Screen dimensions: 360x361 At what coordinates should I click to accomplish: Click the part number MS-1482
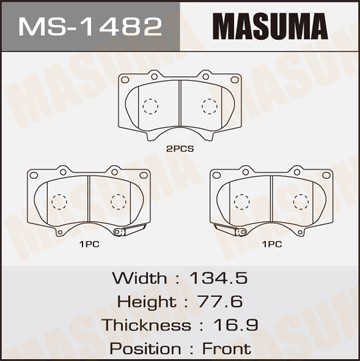pyautogui.click(x=90, y=26)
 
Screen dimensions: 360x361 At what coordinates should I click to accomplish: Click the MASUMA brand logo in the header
pyautogui.click(x=270, y=26)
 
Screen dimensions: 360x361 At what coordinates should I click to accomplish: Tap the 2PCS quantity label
pyautogui.click(x=180, y=149)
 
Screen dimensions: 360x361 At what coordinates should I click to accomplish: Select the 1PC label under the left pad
pyautogui.click(x=89, y=244)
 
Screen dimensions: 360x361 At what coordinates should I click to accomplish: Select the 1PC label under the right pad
pyautogui.click(x=272, y=244)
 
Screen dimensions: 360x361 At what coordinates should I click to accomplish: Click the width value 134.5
pyautogui.click(x=218, y=278)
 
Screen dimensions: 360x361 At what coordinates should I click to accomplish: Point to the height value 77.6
pyautogui.click(x=220, y=302)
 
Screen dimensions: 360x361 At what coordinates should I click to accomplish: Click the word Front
pyautogui.click(x=227, y=349)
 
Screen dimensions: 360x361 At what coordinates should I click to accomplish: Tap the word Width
pyautogui.click(x=139, y=278)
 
